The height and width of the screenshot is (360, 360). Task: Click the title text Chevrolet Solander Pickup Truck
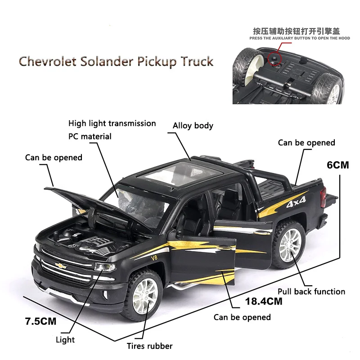116,61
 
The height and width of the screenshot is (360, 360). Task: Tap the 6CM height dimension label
337,165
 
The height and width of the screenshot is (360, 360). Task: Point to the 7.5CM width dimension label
41,321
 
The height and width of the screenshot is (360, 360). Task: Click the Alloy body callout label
193,126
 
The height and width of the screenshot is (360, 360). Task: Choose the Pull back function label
311,292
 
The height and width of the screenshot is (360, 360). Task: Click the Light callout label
65,340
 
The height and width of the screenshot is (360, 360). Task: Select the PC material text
90,136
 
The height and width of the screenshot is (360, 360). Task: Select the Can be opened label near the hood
54,157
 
